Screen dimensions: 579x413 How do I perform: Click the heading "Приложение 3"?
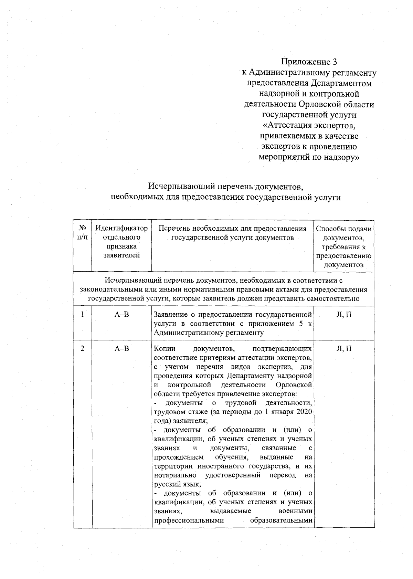point(309,62)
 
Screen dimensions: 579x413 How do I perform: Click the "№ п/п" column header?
point(82,233)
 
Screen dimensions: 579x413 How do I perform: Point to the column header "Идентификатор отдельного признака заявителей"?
point(121,242)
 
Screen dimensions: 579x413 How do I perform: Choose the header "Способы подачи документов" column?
point(343,246)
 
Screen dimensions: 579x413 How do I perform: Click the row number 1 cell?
point(82,314)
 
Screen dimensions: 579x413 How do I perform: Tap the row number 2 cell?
point(82,348)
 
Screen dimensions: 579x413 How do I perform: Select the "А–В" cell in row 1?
point(122,314)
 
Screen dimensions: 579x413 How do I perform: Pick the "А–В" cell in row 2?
point(122,348)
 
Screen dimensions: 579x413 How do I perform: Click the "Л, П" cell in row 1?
point(344,314)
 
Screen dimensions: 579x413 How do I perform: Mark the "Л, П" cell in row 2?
point(344,348)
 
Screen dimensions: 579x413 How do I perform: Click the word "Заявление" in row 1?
point(169,314)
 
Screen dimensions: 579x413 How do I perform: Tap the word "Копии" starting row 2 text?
point(164,349)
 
